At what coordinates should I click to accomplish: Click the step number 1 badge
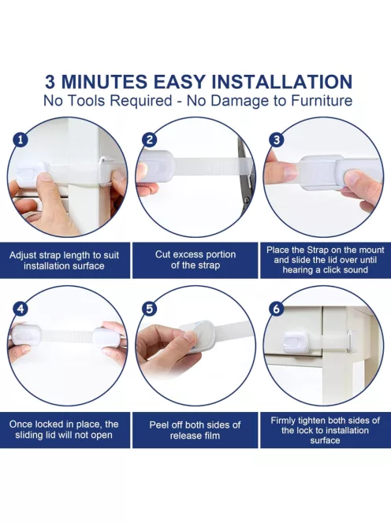click(x=20, y=139)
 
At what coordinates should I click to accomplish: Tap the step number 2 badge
click(x=149, y=139)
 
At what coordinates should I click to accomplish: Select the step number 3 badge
click(x=277, y=139)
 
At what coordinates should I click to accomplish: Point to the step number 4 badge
click(x=20, y=309)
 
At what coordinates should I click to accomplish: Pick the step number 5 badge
click(x=149, y=309)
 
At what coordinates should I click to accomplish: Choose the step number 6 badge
click(x=277, y=309)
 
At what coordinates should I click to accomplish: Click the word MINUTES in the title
click(x=104, y=82)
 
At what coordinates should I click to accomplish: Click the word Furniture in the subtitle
click(x=321, y=100)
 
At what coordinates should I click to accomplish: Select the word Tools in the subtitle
click(x=85, y=100)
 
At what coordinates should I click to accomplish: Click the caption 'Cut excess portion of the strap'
click(x=195, y=260)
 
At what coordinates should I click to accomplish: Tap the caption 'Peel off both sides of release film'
click(x=195, y=430)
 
